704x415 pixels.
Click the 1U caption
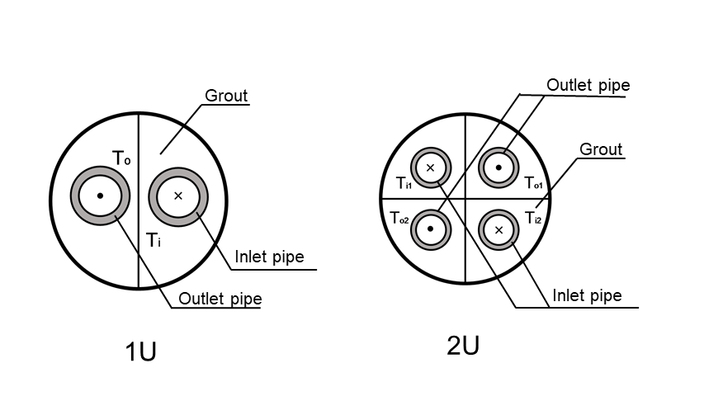[x=140, y=351]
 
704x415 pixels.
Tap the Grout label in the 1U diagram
[x=226, y=96]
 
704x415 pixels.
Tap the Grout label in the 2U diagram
[x=601, y=149]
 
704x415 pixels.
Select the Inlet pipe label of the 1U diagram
[x=269, y=257]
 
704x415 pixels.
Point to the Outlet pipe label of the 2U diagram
[x=588, y=85]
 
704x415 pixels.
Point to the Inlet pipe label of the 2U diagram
[x=587, y=295]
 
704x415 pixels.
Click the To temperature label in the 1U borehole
[x=121, y=157]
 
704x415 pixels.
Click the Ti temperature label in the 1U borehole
[x=153, y=240]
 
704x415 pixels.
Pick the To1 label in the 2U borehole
[x=532, y=183]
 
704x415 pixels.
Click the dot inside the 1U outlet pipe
[x=100, y=196]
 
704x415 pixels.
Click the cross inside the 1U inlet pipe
[x=178, y=196]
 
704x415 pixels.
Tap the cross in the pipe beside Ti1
[x=431, y=167]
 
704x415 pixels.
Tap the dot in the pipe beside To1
[x=499, y=167]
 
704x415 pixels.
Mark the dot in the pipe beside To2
[x=431, y=229]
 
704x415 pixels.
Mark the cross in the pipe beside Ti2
[x=499, y=229]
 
